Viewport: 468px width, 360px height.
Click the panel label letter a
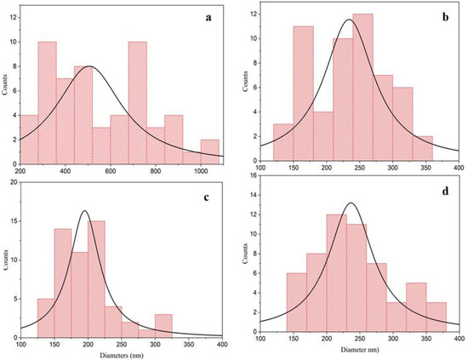pos(208,18)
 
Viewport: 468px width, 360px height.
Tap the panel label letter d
pos(445,191)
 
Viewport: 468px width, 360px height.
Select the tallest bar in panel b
pos(362,88)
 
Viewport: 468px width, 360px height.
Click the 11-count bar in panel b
pos(303,94)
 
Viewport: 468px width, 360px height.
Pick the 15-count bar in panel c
pos(96,279)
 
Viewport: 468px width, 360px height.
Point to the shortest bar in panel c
pos(146,334)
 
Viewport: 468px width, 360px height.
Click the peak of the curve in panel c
pos(85,211)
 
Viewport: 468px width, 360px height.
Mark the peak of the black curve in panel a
pos(89,66)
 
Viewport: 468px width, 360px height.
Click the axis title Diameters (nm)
pos(122,356)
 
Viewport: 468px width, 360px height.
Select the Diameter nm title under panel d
pos(360,350)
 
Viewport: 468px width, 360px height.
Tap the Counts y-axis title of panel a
pos(4,84)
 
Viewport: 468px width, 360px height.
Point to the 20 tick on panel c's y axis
pos(14,182)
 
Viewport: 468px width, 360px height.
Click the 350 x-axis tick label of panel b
pos(426,168)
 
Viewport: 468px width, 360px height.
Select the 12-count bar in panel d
pos(337,273)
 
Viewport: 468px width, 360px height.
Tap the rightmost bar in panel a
pos(210,152)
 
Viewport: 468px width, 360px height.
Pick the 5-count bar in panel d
pos(416,307)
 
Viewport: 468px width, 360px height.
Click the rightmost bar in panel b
pos(423,149)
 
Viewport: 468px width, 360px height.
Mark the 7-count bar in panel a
pos(66,122)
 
